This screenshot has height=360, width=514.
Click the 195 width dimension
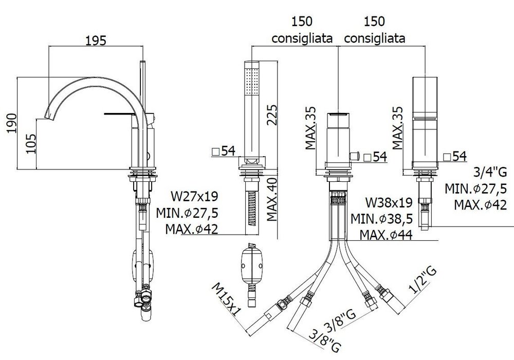point(96,41)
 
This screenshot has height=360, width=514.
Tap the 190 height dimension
point(12,123)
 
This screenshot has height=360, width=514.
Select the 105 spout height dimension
point(31,143)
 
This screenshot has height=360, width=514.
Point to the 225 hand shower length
point(272,115)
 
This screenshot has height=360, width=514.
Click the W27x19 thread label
point(194,196)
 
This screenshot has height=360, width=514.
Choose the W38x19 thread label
point(389,202)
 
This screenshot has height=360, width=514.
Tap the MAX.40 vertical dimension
point(272,199)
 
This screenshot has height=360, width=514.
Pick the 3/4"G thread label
point(490,172)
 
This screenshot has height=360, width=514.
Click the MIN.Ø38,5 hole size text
point(381,218)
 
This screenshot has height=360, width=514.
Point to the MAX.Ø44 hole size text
point(386,235)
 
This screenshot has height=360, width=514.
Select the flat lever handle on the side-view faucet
point(120,113)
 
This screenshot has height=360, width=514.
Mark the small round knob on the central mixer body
point(355,156)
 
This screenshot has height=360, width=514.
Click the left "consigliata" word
point(302,39)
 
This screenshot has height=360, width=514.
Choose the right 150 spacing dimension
point(374,22)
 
